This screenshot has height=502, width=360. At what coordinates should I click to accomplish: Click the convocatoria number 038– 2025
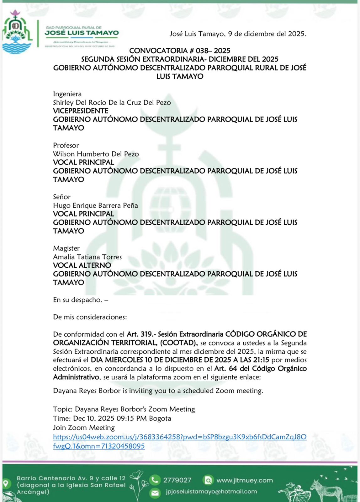point(213,51)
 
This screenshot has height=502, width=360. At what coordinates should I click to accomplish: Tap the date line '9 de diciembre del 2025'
point(267,34)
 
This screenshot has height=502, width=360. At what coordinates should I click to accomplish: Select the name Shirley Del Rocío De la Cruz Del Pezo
point(112,103)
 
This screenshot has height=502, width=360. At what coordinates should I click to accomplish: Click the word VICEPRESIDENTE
point(81,111)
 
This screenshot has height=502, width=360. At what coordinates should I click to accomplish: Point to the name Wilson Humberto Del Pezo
point(96,154)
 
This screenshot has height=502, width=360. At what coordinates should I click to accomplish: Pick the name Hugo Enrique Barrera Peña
point(95,206)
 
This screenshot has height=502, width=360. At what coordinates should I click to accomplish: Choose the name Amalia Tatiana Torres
point(87,257)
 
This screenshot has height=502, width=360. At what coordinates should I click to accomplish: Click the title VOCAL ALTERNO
point(82,265)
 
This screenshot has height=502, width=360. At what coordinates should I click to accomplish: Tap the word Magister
point(66,248)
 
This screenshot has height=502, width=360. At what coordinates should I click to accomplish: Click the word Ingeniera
point(67,94)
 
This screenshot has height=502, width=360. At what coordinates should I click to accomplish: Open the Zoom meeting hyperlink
point(179,437)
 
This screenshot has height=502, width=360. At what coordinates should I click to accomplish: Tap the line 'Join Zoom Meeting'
point(84,428)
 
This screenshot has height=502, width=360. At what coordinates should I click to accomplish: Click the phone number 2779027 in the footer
point(177,480)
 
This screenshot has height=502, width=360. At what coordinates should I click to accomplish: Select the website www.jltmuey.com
point(245,480)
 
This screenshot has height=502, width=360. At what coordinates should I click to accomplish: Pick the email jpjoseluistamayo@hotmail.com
point(211,492)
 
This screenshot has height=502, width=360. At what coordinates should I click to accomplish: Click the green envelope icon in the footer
point(155,493)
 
